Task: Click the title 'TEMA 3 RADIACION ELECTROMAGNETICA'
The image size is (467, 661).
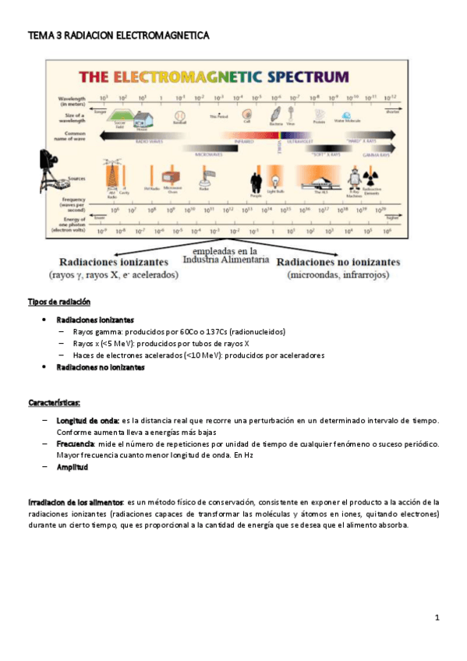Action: click(x=119, y=36)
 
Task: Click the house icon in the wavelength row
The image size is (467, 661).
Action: click(x=143, y=118)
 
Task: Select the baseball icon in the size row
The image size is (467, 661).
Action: click(x=179, y=118)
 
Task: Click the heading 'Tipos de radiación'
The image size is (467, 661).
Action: click(x=59, y=302)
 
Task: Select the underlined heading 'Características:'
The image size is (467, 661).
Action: click(x=54, y=403)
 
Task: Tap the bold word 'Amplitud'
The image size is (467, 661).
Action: click(x=72, y=468)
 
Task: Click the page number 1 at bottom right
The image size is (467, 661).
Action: click(x=437, y=618)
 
